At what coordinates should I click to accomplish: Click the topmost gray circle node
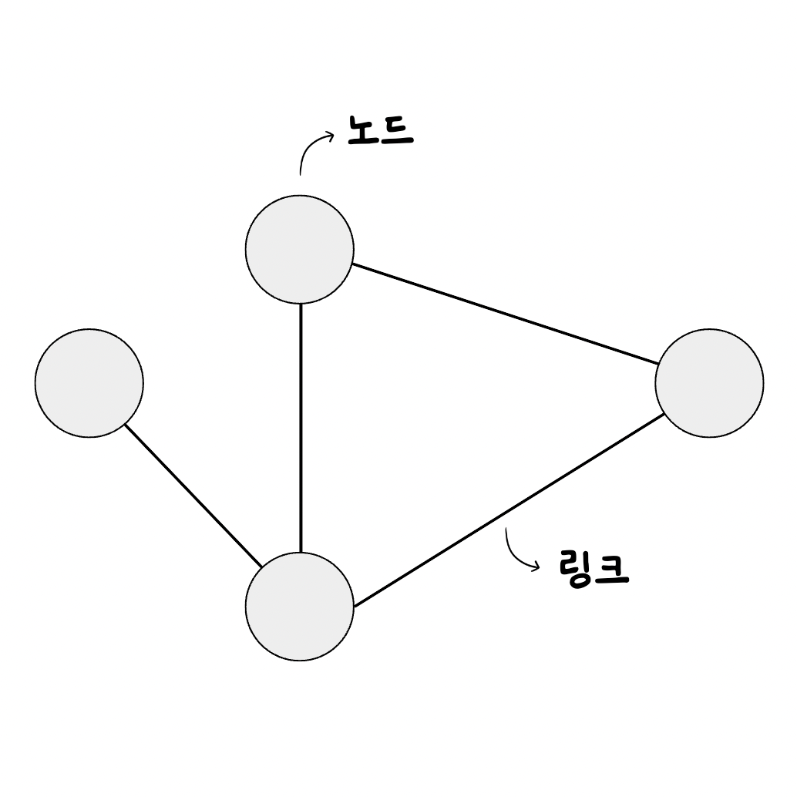(x=300, y=250)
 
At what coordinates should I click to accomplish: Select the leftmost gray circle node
(x=89, y=383)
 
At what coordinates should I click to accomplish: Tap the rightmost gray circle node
(x=709, y=383)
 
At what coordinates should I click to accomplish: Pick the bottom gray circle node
(x=300, y=607)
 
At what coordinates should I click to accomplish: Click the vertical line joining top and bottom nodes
(x=301, y=428)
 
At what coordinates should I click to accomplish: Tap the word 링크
(x=592, y=569)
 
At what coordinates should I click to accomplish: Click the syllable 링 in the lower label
(x=574, y=569)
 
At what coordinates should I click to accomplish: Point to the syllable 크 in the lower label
(x=612, y=569)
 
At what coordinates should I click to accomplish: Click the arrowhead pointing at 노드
(x=331, y=136)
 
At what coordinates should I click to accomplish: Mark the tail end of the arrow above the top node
(x=301, y=173)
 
